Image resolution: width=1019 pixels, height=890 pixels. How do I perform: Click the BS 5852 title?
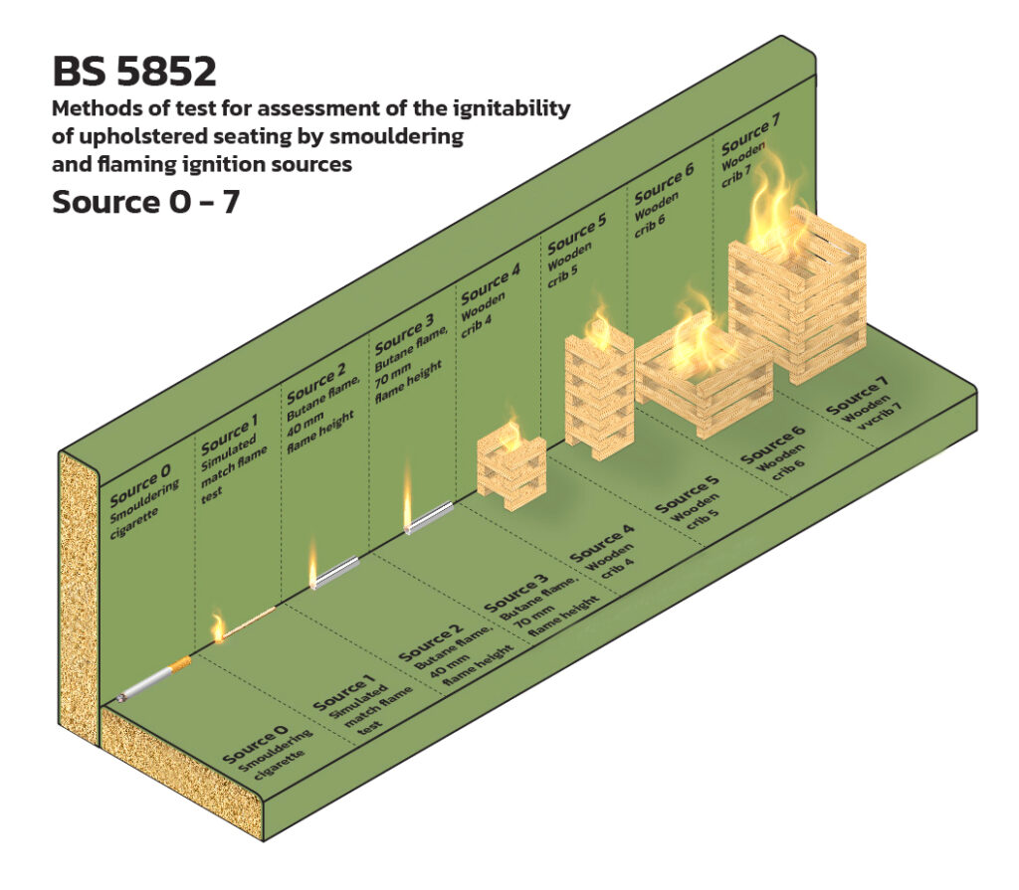pos(134,71)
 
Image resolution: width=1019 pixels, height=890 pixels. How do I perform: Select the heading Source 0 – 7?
pos(145,202)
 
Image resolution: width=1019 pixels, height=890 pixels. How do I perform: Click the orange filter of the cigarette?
pos(181,664)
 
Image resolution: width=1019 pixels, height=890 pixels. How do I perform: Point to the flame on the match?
pos(217,626)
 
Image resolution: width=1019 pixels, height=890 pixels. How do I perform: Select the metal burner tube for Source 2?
pos(336,572)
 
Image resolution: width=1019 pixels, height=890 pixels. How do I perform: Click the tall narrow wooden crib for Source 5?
pos(599,397)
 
